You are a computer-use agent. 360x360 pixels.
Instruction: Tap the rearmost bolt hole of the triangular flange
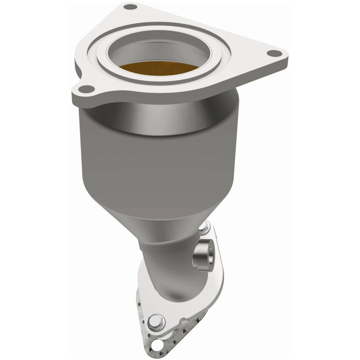coord(130,7)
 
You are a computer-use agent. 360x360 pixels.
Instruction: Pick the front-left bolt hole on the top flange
coord(86,89)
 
